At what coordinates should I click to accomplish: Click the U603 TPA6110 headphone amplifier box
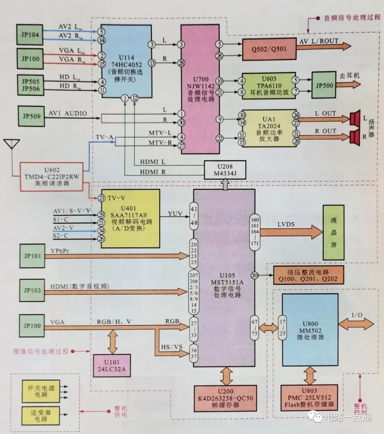click(268, 86)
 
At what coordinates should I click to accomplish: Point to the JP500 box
click(324, 86)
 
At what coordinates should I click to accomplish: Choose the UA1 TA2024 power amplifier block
click(268, 128)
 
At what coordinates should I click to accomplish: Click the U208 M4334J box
click(225, 170)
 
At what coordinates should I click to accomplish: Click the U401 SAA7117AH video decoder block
click(130, 218)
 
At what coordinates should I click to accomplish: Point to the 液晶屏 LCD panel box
click(333, 232)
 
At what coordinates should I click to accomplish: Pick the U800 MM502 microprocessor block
click(310, 330)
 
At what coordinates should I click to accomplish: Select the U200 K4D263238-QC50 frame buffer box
click(225, 398)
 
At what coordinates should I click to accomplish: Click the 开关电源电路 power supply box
click(41, 391)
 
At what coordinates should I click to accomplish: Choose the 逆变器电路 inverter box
click(41, 416)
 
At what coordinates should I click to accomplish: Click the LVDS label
click(286, 224)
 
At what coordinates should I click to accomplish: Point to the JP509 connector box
click(32, 116)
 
